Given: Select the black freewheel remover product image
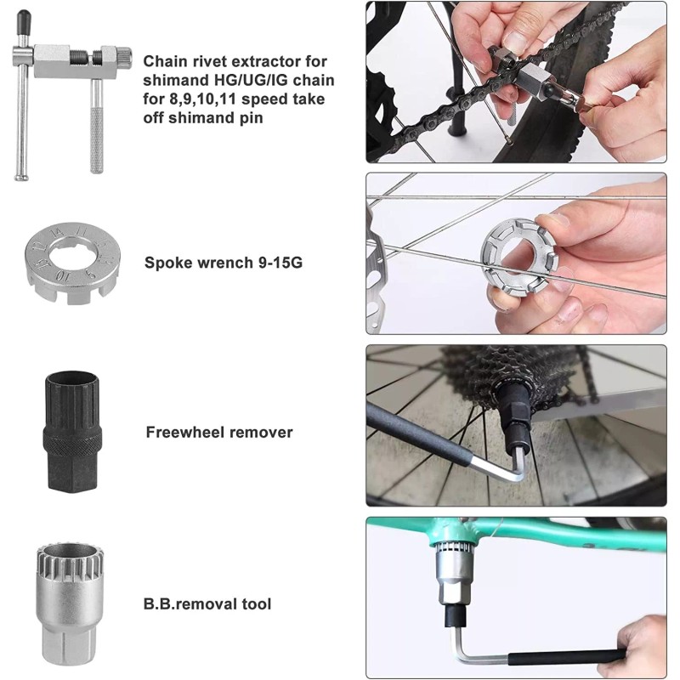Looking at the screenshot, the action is (x=72, y=432).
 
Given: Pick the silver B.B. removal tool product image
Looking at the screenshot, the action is (x=72, y=603).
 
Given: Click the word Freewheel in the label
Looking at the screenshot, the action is (x=184, y=433).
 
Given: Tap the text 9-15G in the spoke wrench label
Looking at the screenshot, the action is (x=280, y=263).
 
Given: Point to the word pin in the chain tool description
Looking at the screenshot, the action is (x=251, y=118).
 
